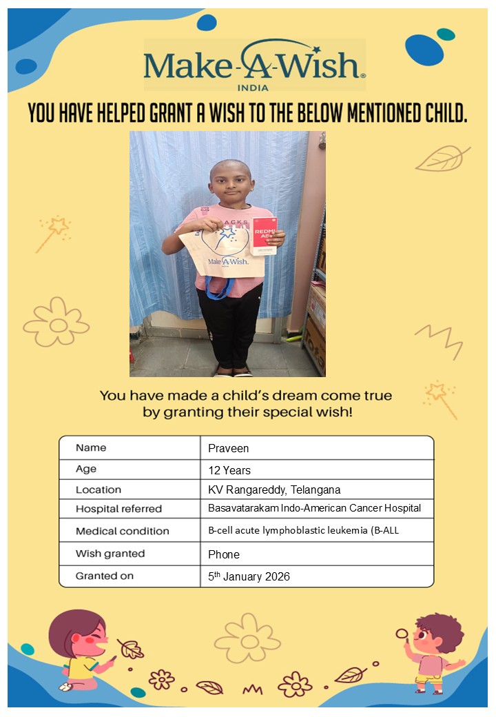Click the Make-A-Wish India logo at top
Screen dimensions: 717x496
[254, 65]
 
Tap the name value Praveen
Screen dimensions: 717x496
[229, 448]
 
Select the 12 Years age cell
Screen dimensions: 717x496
[229, 470]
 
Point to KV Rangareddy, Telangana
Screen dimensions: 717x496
[274, 490]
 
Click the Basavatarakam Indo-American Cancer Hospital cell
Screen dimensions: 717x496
[314, 508]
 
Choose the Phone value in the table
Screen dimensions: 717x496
[224, 554]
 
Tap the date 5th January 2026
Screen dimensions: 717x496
[249, 576]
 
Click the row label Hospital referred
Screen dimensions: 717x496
[118, 509]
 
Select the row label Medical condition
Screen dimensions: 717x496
[122, 531]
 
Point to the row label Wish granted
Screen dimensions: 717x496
[110, 554]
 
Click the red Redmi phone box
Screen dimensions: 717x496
[263, 236]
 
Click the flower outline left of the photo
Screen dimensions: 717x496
[56, 323]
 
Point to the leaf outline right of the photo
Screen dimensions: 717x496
[442, 159]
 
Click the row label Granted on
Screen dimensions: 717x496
[105, 576]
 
